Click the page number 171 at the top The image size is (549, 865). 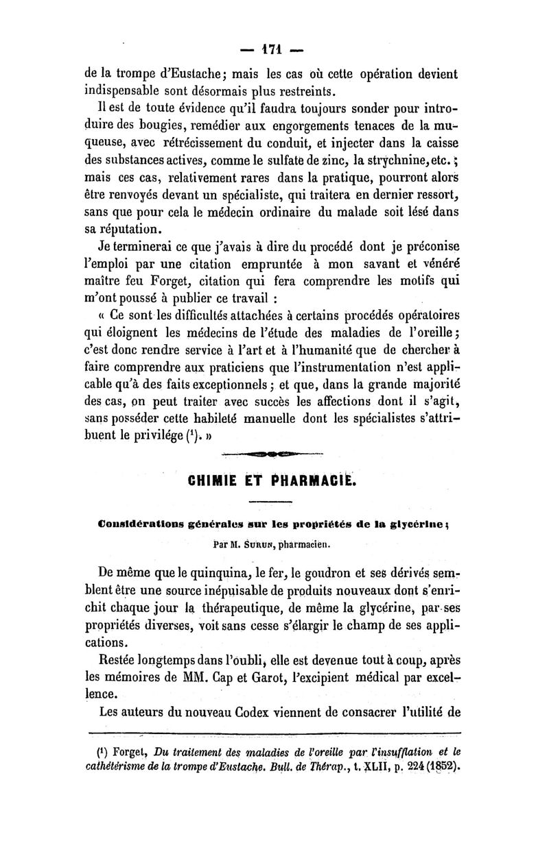tap(274, 49)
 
